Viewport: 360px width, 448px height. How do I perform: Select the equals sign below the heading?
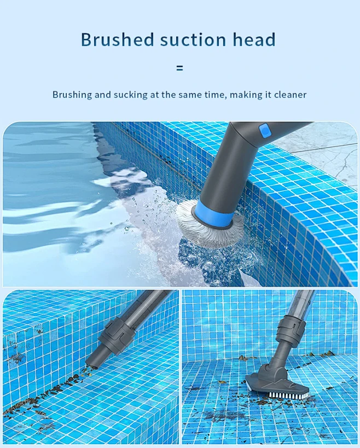coord(179,68)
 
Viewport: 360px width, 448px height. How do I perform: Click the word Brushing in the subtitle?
coord(72,95)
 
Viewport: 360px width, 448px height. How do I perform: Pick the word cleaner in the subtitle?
coord(290,95)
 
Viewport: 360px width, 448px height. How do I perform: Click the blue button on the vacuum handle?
coord(265,131)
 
